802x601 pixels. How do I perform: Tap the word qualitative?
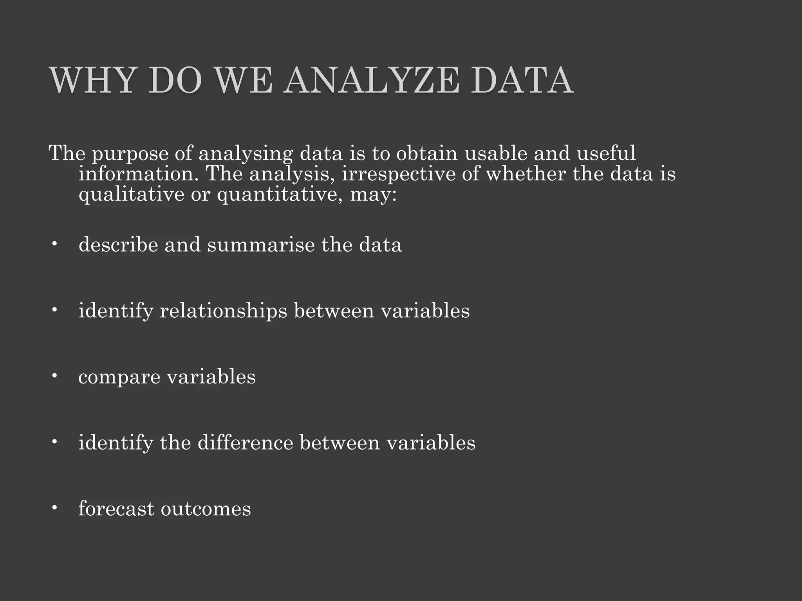click(131, 194)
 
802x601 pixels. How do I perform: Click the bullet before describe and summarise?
click(54, 245)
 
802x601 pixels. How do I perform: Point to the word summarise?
click(261, 245)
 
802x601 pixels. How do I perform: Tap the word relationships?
click(223, 311)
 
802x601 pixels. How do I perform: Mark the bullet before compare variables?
click(54, 376)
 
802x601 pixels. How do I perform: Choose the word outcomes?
click(206, 509)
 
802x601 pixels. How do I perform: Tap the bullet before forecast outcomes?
click(54, 508)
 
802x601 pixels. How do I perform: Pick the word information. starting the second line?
click(139, 174)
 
